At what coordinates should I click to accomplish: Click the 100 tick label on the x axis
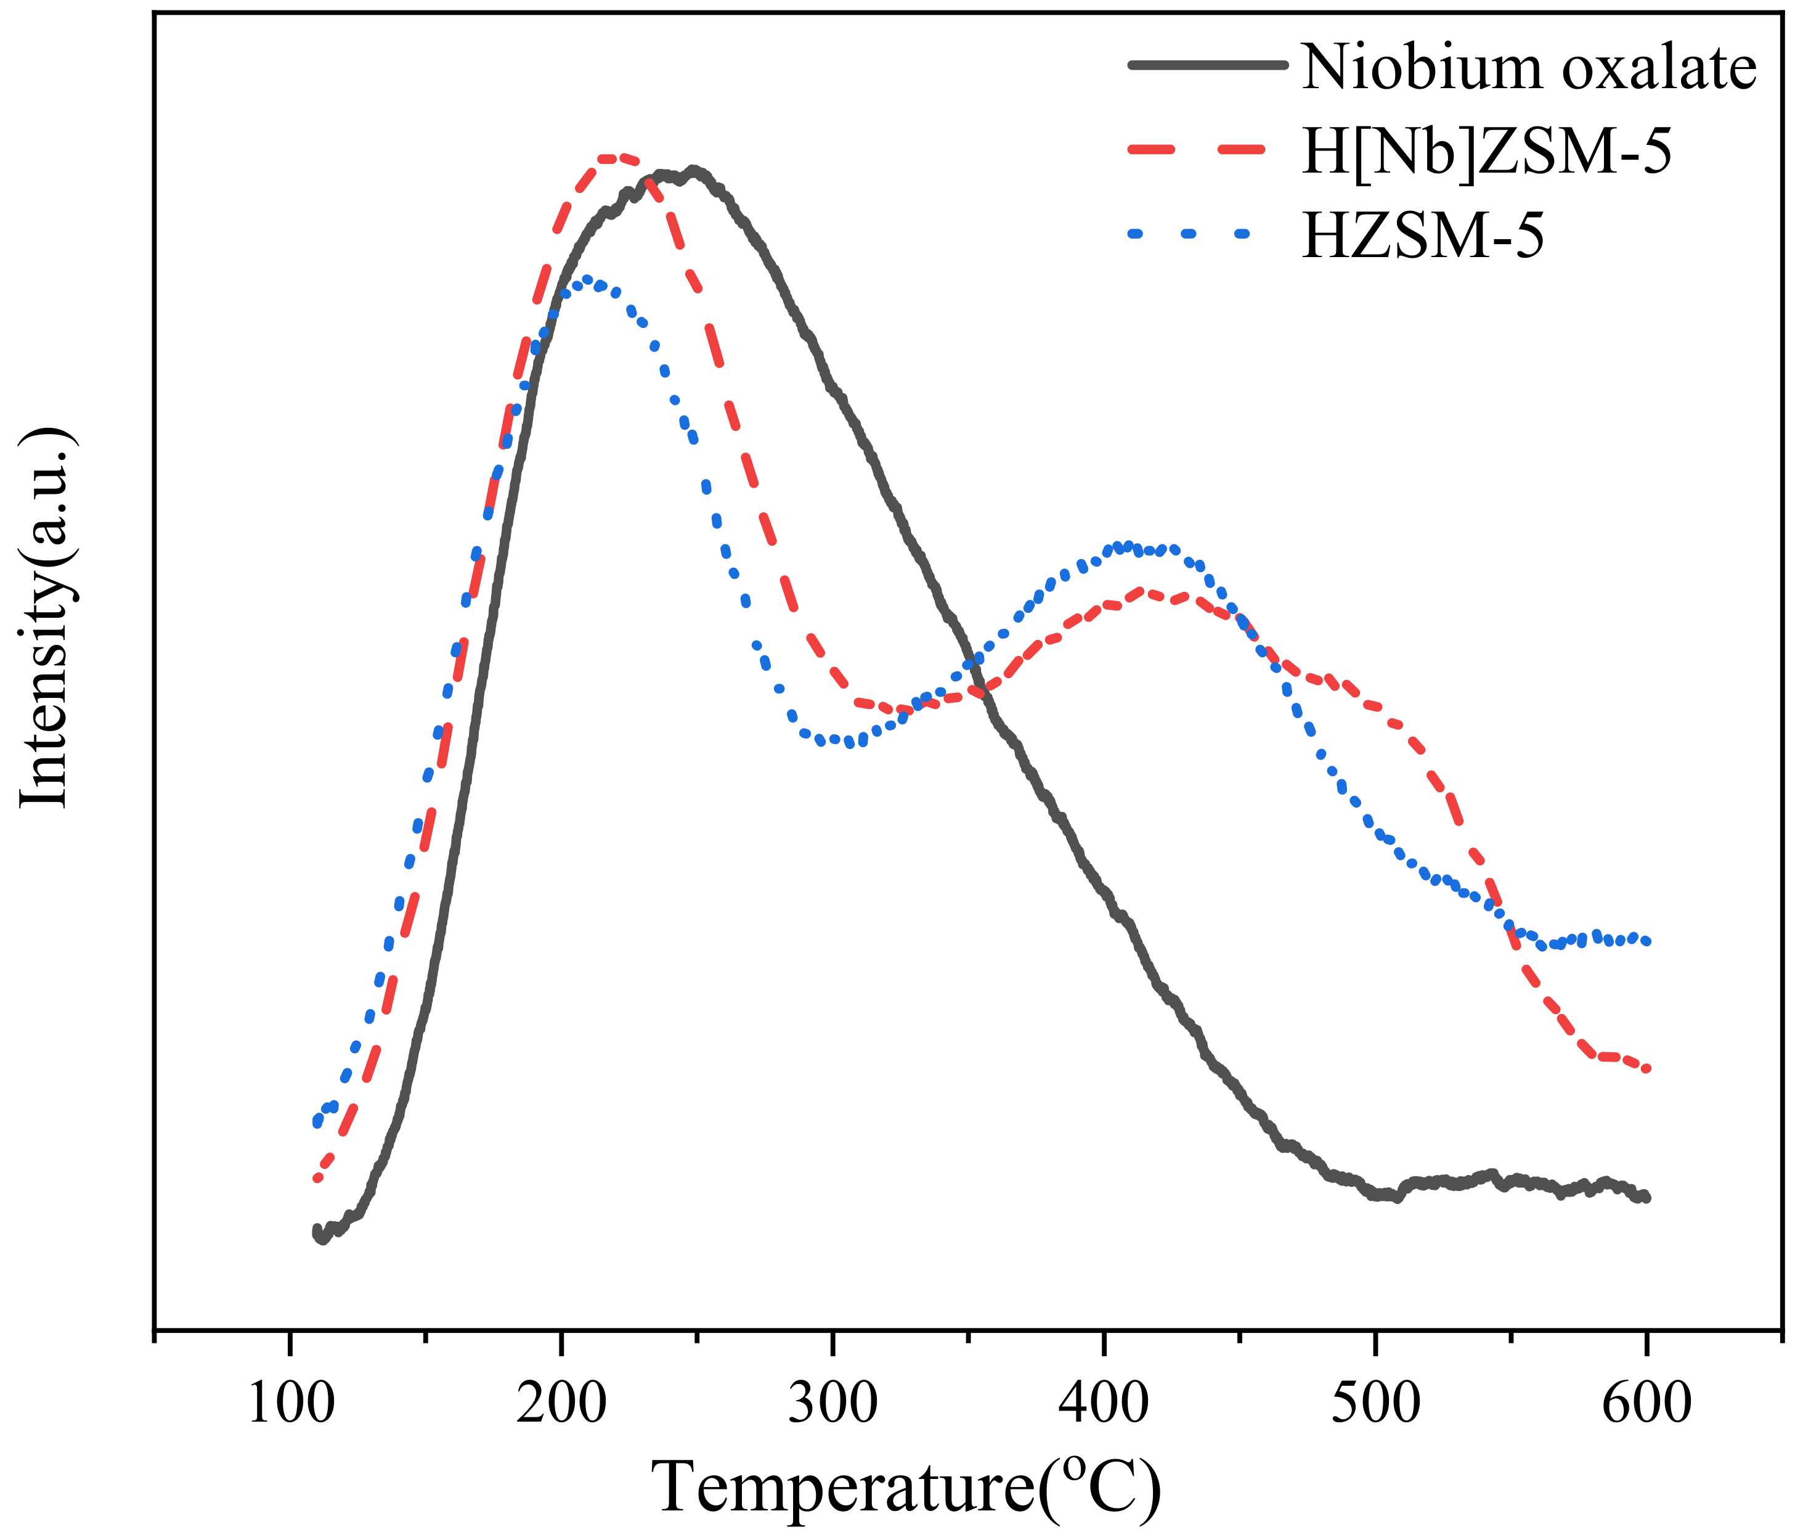[x=291, y=1403]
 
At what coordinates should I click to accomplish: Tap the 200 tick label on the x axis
[x=561, y=1403]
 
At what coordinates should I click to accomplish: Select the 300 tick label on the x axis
[x=832, y=1403]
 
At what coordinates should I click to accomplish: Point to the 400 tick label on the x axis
[x=1104, y=1403]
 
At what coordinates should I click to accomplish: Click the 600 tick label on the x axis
[x=1646, y=1403]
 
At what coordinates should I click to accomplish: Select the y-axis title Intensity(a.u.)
[x=44, y=619]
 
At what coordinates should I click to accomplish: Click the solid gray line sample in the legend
[x=1207, y=64]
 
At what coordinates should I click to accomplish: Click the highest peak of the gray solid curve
[x=693, y=171]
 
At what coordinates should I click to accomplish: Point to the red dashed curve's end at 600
[x=1645, y=1068]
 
